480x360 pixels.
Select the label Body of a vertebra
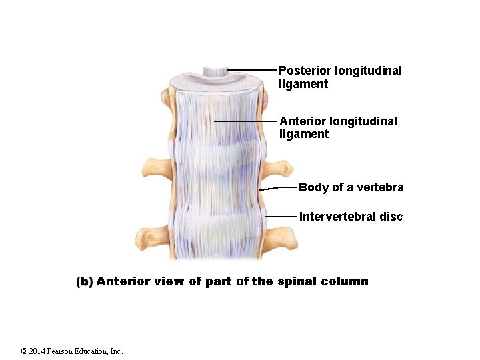(351, 187)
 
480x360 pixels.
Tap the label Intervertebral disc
(351, 217)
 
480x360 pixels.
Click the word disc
(391, 217)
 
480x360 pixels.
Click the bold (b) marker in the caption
(84, 281)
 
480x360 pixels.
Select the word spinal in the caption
(297, 281)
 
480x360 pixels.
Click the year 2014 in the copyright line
(39, 351)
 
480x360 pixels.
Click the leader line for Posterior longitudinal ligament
(251, 69)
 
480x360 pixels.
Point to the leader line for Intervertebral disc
(281, 217)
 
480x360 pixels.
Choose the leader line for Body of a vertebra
(277, 189)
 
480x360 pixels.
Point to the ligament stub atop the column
(215, 70)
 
